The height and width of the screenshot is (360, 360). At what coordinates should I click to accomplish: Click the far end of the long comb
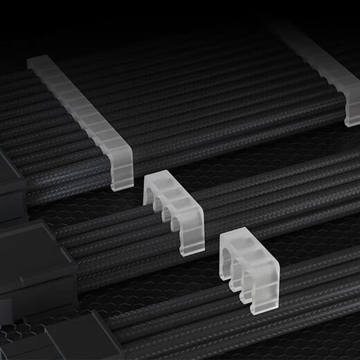tap(38, 64)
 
